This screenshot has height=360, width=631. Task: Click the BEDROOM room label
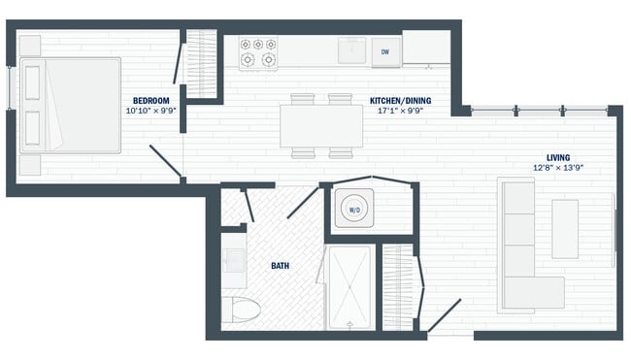tap(151, 101)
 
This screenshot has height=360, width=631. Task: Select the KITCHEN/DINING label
tap(400, 101)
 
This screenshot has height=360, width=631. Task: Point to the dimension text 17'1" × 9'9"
tap(400, 111)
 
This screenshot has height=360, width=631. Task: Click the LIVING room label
tap(557, 157)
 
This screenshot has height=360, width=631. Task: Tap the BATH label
tap(280, 265)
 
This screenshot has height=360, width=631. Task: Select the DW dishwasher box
tap(384, 51)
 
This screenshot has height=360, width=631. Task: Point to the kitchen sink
tap(351, 50)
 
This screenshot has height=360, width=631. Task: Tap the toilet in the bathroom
tap(242, 311)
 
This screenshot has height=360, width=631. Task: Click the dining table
tap(321, 125)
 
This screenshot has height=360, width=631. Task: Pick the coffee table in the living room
tap(565, 229)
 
